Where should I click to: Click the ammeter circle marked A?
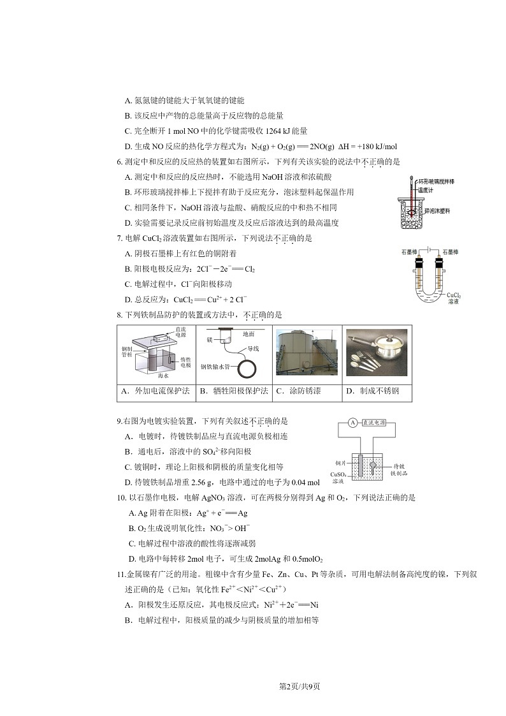[352, 423]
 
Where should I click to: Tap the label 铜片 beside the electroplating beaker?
[340, 464]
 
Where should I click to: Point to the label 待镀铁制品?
[400, 470]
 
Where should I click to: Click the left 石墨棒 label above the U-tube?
[409, 252]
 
